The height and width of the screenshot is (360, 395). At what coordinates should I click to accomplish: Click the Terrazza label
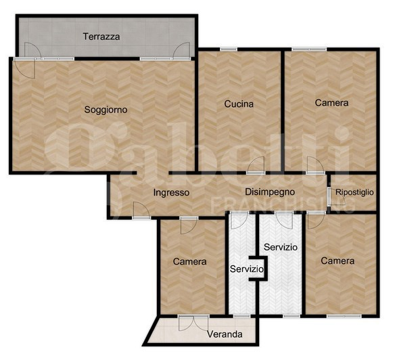101,37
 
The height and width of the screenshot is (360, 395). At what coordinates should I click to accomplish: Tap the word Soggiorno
106,110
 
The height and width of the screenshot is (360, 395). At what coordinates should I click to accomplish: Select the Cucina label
239,104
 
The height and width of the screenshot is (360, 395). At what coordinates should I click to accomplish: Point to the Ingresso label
171,193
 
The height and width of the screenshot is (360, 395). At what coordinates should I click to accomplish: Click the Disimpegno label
270,192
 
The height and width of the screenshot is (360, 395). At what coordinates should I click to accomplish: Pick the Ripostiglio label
354,192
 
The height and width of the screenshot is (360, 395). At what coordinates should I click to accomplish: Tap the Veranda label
225,334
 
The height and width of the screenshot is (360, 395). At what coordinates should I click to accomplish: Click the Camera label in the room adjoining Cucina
331,103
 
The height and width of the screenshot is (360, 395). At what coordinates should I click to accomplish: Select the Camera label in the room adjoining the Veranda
189,261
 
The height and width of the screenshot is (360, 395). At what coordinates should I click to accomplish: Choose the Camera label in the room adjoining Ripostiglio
338,261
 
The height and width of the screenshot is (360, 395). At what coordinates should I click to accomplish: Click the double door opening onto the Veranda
193,323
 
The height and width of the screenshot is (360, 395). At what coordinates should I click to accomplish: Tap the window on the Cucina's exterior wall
229,49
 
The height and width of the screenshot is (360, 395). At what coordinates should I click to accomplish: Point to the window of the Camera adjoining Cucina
309,49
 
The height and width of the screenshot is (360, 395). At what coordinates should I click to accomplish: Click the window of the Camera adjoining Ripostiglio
344,316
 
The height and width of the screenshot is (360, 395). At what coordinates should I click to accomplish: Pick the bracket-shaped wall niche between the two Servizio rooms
260,268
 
